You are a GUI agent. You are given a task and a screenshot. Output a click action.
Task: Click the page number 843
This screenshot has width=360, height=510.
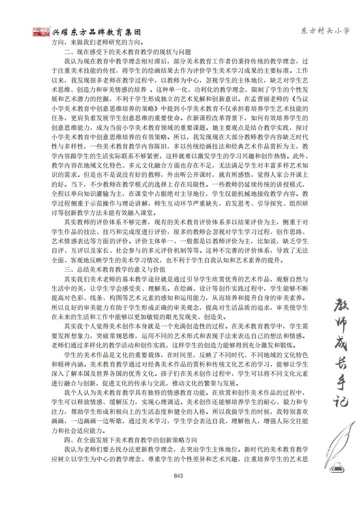click(178, 476)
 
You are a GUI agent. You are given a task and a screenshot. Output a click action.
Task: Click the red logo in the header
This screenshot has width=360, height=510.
click(41, 32)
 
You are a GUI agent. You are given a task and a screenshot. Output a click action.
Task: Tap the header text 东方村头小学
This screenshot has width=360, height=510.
click(325, 31)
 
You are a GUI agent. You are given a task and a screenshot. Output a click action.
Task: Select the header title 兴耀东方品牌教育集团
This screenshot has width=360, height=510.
click(96, 32)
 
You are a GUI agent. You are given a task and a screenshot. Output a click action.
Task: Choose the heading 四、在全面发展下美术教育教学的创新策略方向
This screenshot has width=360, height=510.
click(130, 440)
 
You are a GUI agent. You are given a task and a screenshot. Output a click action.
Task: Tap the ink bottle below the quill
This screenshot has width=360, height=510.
click(338, 466)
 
